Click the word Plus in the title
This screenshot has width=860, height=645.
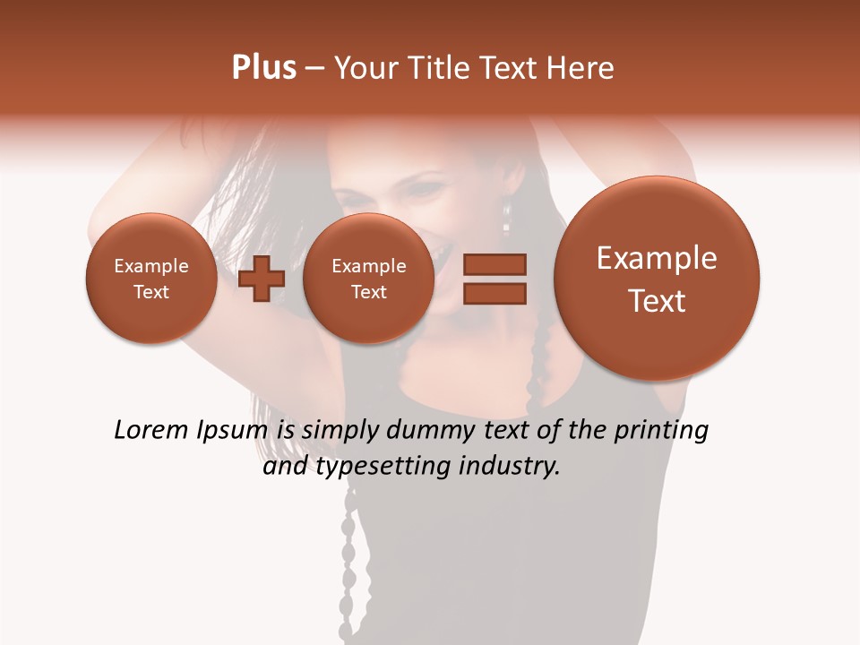[263, 68]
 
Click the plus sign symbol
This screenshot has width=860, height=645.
[262, 279]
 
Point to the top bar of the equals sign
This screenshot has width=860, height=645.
[494, 264]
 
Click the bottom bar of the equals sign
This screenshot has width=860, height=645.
[494, 294]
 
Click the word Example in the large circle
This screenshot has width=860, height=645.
[657, 258]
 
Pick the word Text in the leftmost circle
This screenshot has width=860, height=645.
[150, 292]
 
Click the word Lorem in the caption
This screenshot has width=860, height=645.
[148, 431]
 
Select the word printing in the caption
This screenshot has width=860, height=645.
[660, 431]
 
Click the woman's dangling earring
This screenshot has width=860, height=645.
[507, 215]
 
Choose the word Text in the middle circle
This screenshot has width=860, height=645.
[368, 292]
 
